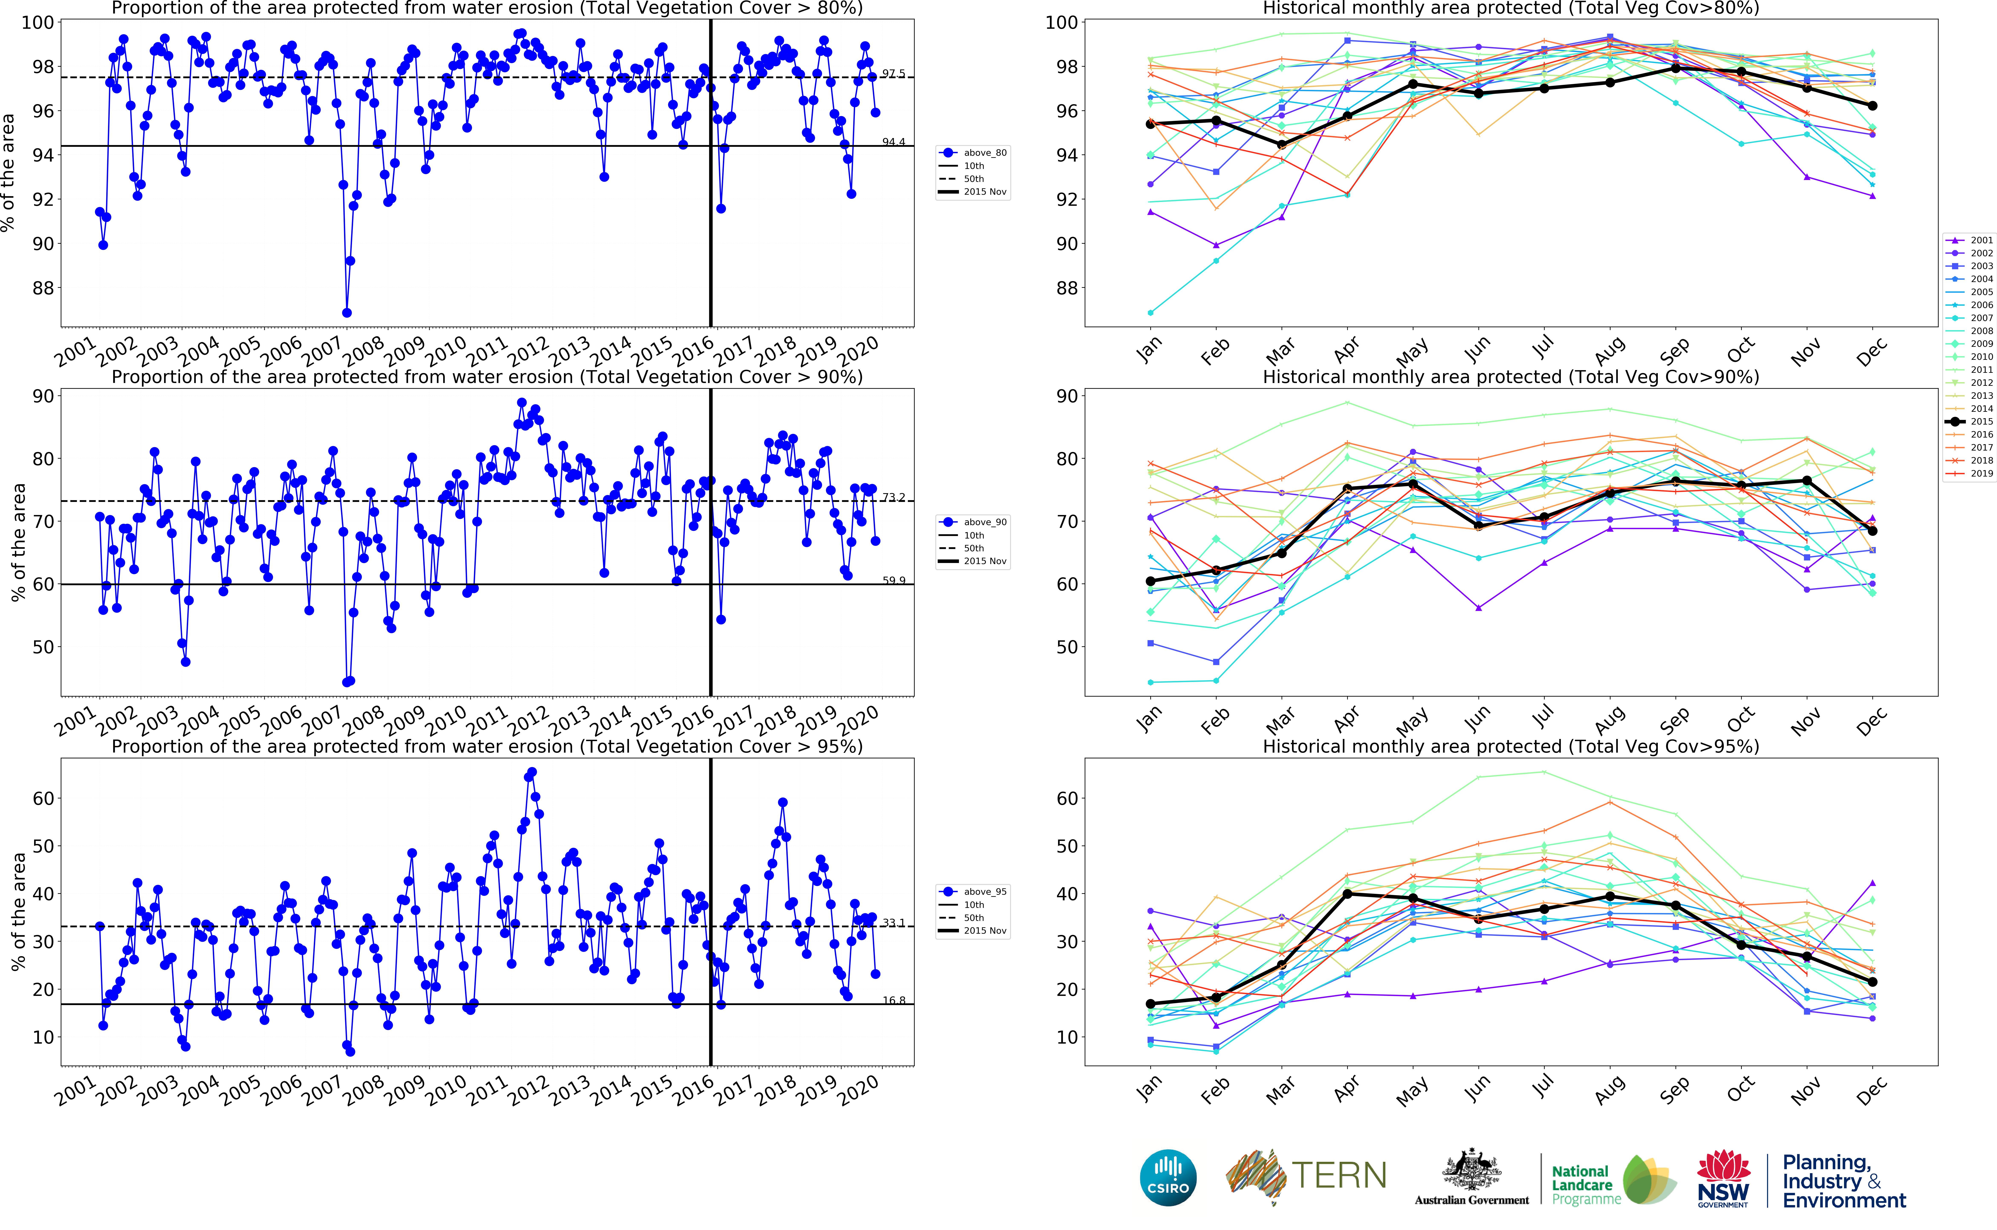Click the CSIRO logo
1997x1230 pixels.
pos(1168,1177)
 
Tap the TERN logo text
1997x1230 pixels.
pos(1339,1175)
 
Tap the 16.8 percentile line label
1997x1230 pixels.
pos(893,1001)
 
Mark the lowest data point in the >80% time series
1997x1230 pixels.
pos(346,312)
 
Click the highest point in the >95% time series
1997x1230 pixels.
pos(532,772)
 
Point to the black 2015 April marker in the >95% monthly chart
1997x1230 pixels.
pos(1347,894)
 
